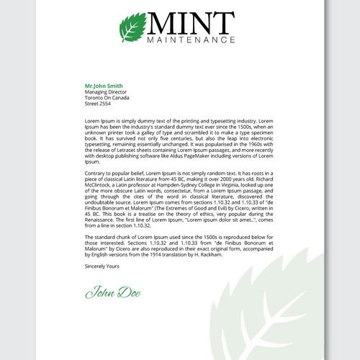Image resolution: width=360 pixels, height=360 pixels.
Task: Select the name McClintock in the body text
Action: pos(100,186)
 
